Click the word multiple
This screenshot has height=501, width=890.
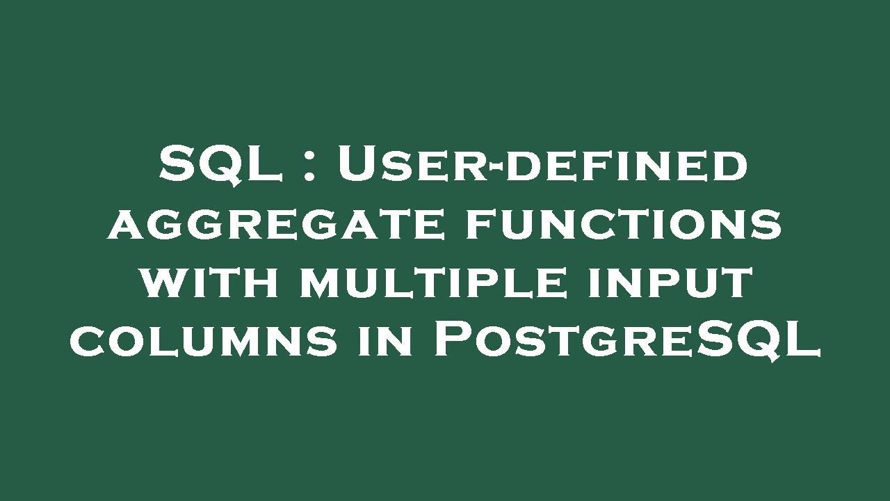pos(433,283)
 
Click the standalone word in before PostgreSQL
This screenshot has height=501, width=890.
pos(385,341)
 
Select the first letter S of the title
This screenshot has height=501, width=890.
pos(176,164)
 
